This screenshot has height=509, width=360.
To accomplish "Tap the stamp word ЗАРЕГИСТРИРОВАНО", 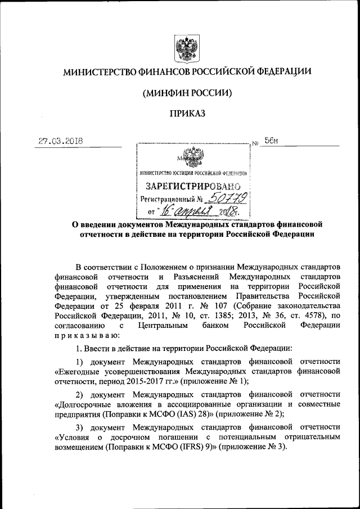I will (x=193, y=186).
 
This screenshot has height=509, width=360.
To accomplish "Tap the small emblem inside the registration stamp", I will (x=193, y=156).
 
